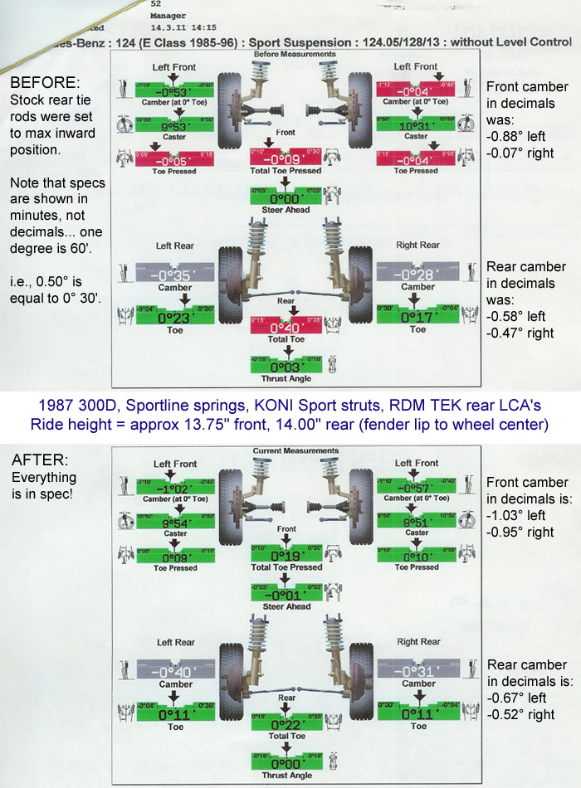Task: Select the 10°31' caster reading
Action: [417, 124]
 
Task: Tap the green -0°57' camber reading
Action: [417, 488]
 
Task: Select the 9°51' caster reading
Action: [417, 523]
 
